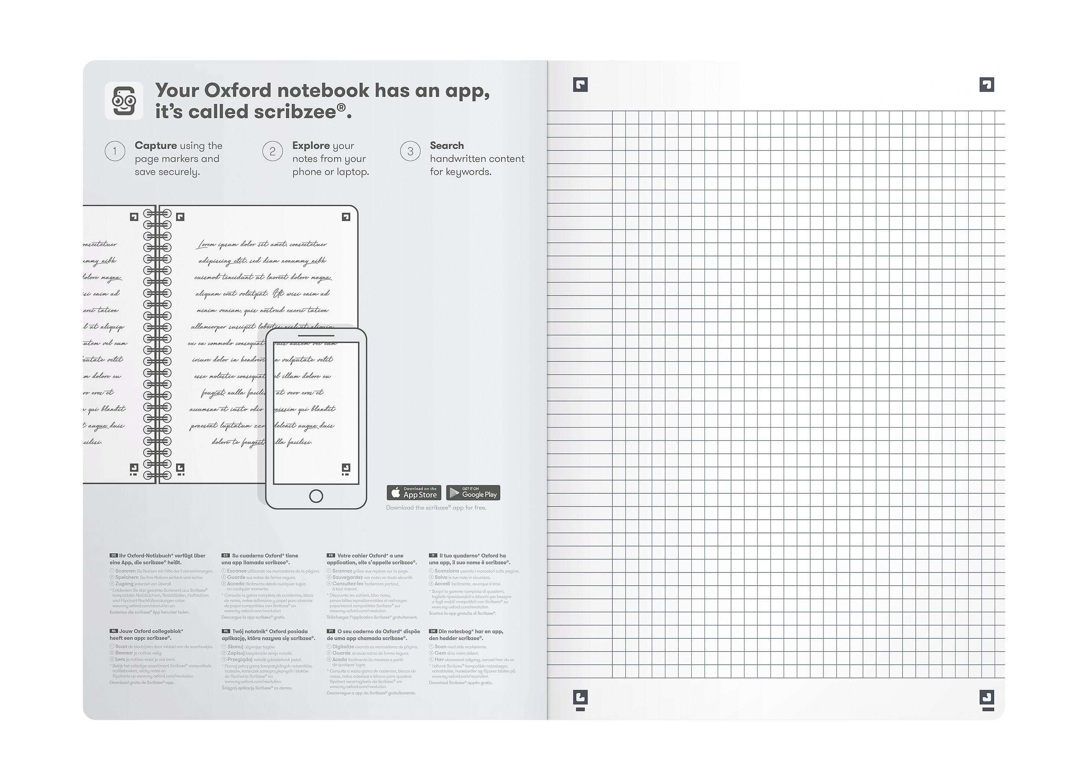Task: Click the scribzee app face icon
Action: click(124, 101)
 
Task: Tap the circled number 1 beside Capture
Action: click(115, 152)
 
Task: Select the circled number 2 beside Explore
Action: click(272, 152)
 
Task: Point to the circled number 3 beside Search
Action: click(410, 152)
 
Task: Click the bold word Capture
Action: click(155, 145)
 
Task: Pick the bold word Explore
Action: click(311, 145)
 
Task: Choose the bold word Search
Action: click(446, 145)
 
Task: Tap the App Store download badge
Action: click(414, 492)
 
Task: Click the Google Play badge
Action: click(473, 492)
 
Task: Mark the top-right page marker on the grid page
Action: click(986, 85)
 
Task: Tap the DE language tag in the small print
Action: click(114, 556)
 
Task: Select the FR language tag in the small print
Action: click(331, 556)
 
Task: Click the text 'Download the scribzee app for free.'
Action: click(436, 508)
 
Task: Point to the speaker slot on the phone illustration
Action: click(316, 336)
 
